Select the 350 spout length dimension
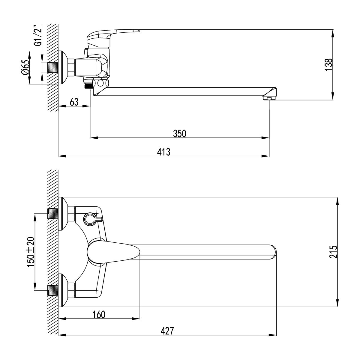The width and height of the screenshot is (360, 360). (x=180, y=133)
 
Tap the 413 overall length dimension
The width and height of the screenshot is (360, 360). (x=163, y=152)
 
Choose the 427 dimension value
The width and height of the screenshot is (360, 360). (x=167, y=331)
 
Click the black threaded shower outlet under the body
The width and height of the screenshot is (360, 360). (x=88, y=86)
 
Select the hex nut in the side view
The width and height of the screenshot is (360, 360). (x=71, y=67)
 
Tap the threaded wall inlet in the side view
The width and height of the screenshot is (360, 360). (x=52, y=67)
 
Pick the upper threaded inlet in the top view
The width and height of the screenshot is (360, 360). (x=53, y=213)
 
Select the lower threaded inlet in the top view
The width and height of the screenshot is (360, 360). (x=53, y=290)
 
